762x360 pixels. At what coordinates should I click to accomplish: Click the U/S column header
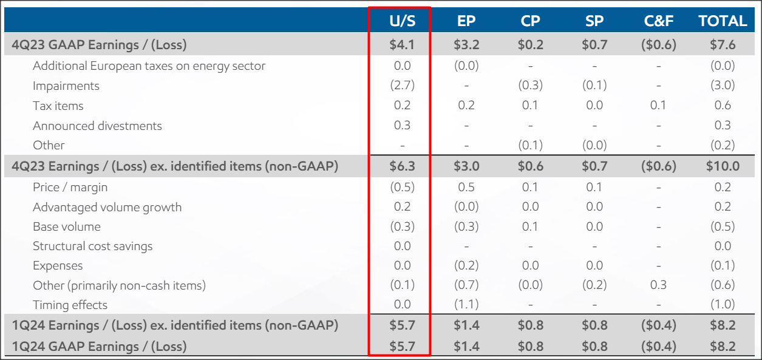[x=402, y=21]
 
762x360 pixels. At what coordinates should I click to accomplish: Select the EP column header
[x=466, y=21]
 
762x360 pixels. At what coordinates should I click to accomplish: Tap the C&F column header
[x=659, y=21]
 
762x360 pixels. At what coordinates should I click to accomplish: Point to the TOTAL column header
[x=723, y=21]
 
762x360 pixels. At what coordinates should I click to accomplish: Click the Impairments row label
[x=66, y=86]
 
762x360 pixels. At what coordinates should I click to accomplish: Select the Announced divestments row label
[x=97, y=126]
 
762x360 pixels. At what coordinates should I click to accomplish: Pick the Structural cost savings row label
[x=92, y=246]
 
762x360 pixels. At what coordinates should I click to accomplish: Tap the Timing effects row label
[x=70, y=305]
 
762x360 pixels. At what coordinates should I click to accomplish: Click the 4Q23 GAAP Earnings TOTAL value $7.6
[x=723, y=45]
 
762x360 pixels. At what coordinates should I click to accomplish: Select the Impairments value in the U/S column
[x=402, y=86]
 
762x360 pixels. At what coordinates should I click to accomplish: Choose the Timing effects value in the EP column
[x=466, y=305]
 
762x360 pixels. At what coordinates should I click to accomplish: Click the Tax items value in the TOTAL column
[x=723, y=106]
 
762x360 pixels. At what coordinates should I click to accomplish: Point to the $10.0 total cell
[x=723, y=166]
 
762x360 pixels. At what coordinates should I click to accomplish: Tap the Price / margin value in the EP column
[x=466, y=187]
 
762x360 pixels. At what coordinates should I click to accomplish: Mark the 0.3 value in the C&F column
[x=659, y=285]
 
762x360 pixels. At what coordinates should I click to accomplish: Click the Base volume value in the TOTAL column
[x=723, y=226]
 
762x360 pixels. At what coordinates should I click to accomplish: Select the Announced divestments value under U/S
[x=402, y=126]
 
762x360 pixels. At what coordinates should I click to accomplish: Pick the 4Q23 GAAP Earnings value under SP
[x=594, y=45]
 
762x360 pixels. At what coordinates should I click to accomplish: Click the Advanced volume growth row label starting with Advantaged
[x=107, y=207]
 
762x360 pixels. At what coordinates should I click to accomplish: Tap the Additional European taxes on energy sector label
[x=149, y=66]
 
